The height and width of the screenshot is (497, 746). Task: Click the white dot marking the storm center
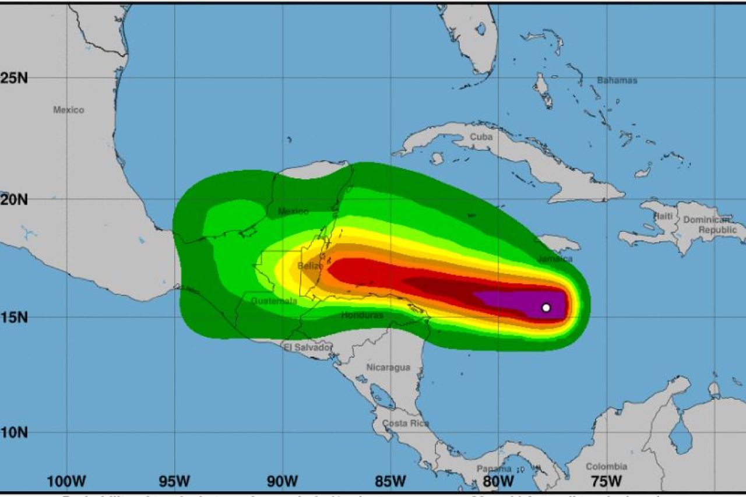tap(546, 307)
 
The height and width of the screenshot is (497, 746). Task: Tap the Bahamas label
tap(617, 80)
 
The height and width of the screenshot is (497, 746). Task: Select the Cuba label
tap(481, 137)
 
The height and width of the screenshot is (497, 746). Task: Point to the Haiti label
tap(663, 216)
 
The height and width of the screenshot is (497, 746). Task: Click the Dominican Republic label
tap(710, 225)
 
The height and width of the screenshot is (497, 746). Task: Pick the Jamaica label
tap(555, 259)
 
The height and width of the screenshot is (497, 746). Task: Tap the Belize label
tap(310, 266)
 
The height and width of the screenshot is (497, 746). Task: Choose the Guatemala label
tap(274, 301)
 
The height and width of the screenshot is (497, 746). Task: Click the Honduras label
tap(362, 315)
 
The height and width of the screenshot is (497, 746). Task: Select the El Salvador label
tap(308, 348)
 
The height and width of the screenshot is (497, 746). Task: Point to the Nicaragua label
tap(388, 368)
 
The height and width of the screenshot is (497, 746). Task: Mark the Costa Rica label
tap(406, 424)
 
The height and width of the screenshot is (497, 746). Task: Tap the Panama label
tap(494, 469)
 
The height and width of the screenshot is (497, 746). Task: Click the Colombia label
tap(606, 467)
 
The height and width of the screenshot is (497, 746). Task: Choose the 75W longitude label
tap(606, 482)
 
